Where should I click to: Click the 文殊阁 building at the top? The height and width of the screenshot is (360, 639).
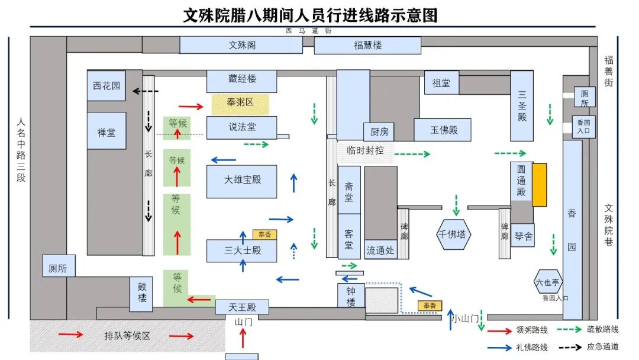[x=242, y=45]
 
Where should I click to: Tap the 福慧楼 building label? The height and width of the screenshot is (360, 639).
[x=367, y=45]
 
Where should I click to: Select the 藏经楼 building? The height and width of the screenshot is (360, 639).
[x=242, y=79]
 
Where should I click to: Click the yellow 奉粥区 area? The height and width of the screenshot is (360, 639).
[x=240, y=102]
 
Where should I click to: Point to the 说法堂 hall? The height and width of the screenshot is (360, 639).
[x=242, y=127]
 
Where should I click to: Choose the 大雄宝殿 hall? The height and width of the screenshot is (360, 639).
[x=242, y=180]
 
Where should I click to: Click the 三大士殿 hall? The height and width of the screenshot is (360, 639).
[x=242, y=250]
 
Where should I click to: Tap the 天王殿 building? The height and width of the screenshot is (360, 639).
[x=242, y=307]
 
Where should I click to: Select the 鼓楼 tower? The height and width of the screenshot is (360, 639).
[x=141, y=294]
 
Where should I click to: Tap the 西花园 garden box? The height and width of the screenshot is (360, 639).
[x=106, y=86]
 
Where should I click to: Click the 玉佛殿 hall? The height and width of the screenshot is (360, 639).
[x=443, y=130]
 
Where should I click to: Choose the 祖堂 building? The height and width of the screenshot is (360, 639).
[x=441, y=83]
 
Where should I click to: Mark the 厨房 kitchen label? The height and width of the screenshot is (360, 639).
[x=379, y=132]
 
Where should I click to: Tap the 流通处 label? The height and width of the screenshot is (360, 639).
[x=380, y=250]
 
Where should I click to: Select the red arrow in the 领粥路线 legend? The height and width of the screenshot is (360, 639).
[x=500, y=330]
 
